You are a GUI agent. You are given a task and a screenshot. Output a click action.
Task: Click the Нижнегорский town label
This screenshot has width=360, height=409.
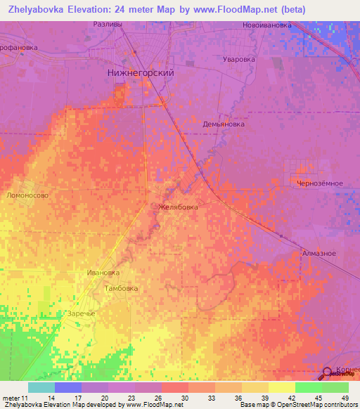(140, 72)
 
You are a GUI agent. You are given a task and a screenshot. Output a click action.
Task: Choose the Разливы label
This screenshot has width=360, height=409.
(108, 24)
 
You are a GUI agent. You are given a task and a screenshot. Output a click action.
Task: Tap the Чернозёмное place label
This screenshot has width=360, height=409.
(320, 183)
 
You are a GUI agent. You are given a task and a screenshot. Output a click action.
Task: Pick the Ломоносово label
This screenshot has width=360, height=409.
(27, 196)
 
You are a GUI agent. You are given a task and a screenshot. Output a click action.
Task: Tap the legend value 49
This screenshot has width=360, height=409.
(345, 397)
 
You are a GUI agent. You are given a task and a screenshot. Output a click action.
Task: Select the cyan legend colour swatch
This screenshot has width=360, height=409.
(41, 387)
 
